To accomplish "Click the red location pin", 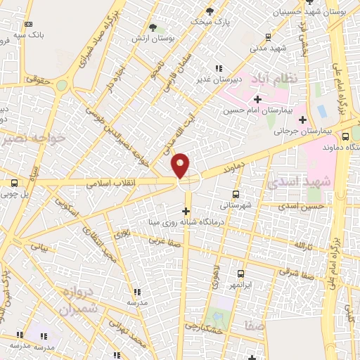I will pyautogui.click(x=181, y=165).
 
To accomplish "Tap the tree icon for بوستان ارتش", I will pyautogui.click(x=151, y=27).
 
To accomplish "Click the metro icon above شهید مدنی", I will pyautogui.click(x=268, y=37).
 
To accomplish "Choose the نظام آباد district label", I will pyautogui.click(x=274, y=76).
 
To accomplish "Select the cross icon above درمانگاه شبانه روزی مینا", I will pyautogui.click(x=186, y=211).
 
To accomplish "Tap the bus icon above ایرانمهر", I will pyautogui.click(x=240, y=273).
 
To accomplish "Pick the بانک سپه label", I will pyautogui.click(x=32, y=33).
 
